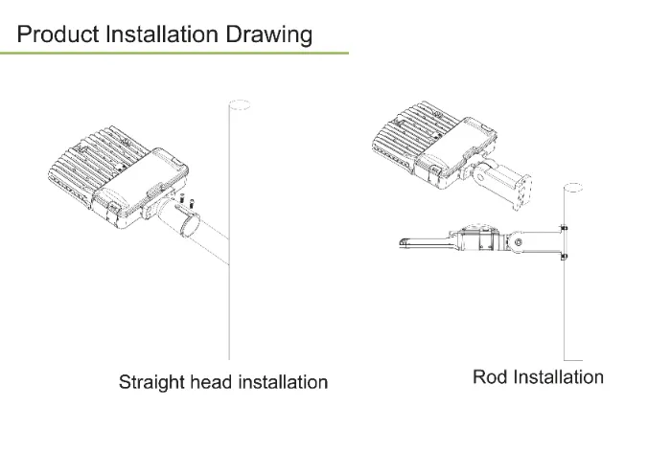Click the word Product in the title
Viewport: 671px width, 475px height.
coord(58,34)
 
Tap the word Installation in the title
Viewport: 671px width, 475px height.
coord(162,34)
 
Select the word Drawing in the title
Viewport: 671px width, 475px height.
coord(268,35)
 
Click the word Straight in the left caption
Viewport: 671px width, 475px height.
coord(151,382)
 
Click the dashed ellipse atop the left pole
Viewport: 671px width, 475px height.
coord(240,104)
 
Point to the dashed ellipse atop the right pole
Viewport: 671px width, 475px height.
coord(573,188)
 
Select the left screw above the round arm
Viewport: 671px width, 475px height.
coord(181,199)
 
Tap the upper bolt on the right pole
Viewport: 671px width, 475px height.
coord(564,228)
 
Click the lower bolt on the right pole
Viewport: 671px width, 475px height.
coord(564,257)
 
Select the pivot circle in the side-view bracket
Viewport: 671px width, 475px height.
coord(519,242)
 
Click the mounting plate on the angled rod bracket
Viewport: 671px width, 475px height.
coord(523,192)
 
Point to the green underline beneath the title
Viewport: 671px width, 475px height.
coord(174,53)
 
